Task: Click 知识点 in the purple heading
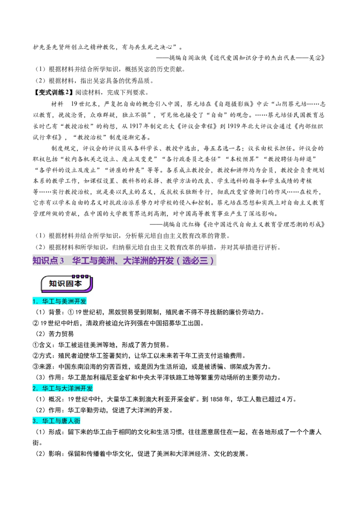[x=45, y=260]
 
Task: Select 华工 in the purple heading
[x=81, y=260]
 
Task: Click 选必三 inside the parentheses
[x=195, y=260]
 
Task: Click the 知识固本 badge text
[x=66, y=284]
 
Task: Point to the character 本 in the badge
[x=78, y=284]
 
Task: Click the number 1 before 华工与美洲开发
[x=34, y=302]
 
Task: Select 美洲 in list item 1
[x=67, y=302]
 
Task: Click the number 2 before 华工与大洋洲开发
[x=34, y=388]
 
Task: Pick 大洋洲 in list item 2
[x=70, y=388]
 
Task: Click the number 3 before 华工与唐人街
[x=34, y=421]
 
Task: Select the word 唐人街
[x=70, y=421]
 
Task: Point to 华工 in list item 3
[x=48, y=421]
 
